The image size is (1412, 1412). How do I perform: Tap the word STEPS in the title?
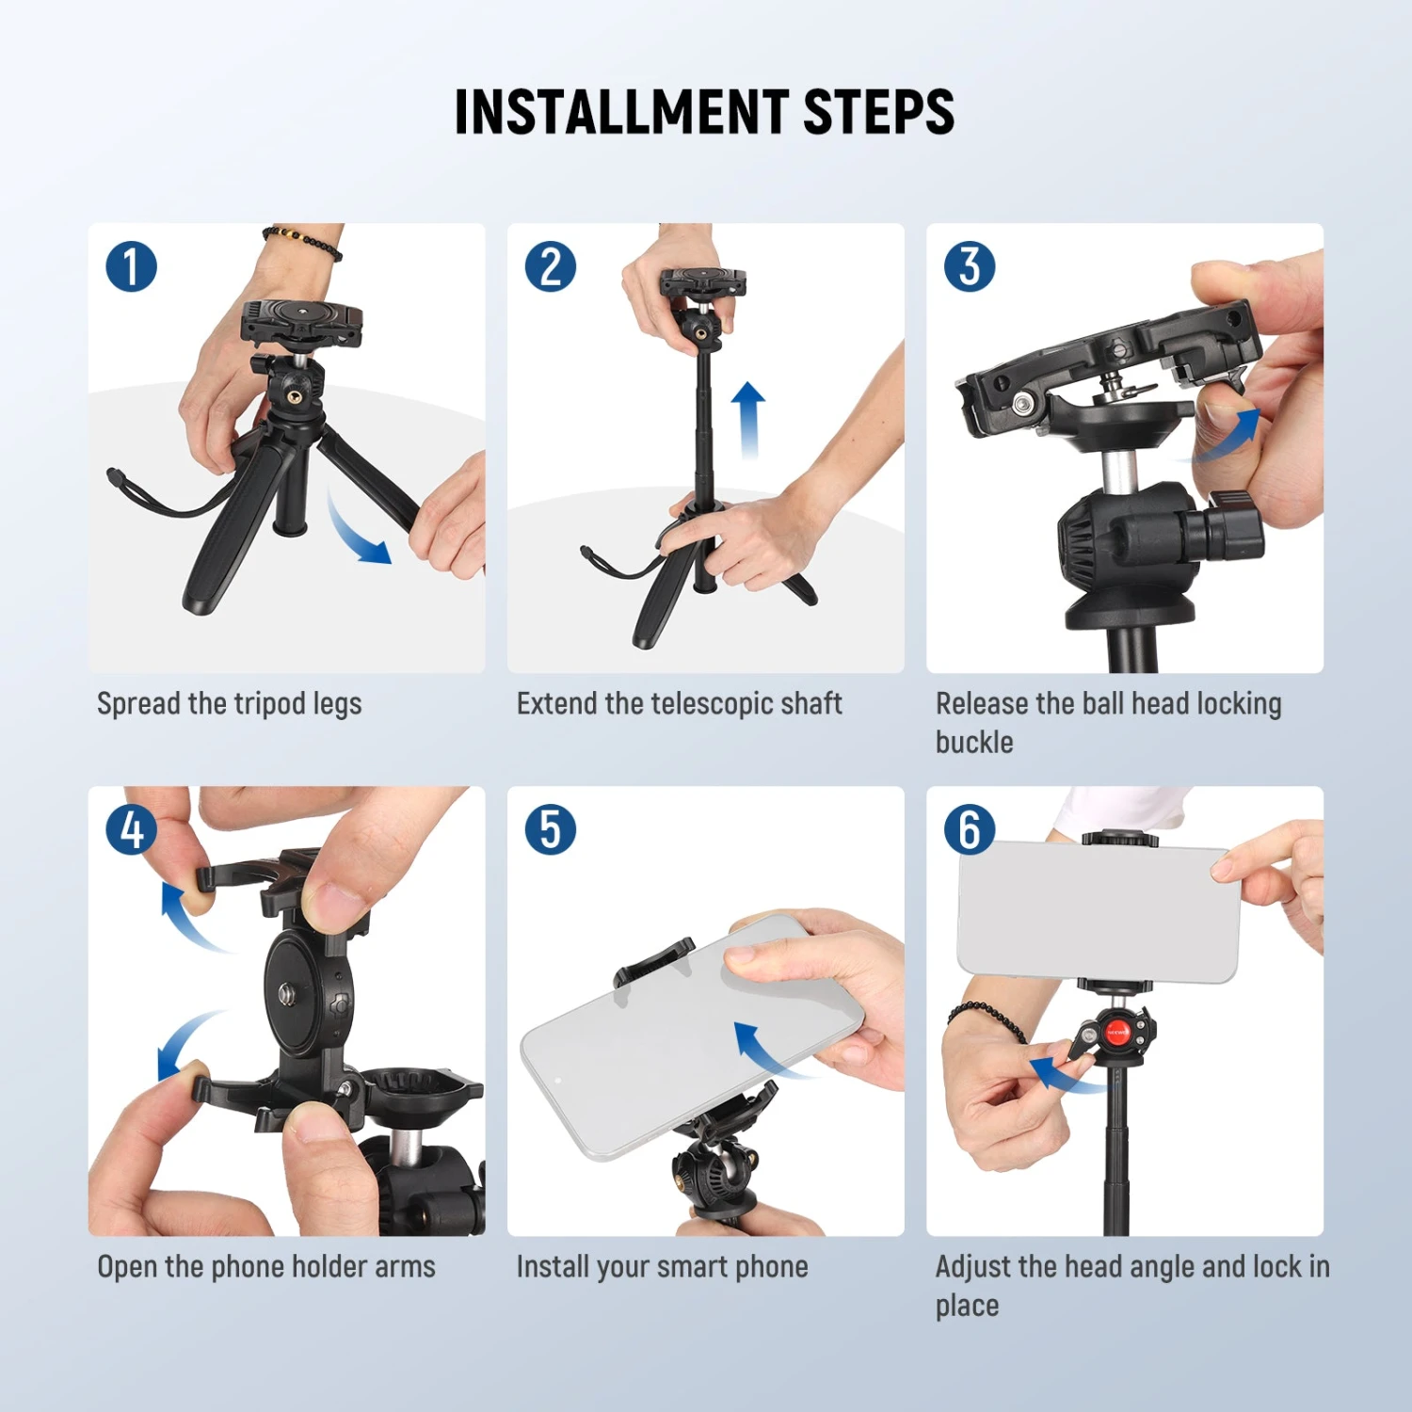[x=878, y=113]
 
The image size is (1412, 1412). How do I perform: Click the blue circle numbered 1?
[x=131, y=266]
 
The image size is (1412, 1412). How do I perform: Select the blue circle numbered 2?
[x=551, y=266]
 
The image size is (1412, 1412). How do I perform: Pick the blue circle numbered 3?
[x=970, y=266]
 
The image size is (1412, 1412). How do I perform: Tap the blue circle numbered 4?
[x=131, y=829]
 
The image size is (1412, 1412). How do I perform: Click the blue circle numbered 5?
[x=551, y=829]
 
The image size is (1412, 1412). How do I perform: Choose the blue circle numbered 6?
[x=970, y=829]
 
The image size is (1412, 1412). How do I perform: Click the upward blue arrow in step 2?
[x=748, y=419]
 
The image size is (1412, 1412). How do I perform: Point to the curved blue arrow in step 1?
[x=356, y=532]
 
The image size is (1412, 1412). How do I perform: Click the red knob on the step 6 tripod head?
[x=1117, y=1033]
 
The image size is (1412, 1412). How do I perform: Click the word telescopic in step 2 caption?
[x=720, y=704]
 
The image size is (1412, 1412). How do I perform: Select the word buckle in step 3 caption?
[x=974, y=743]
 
